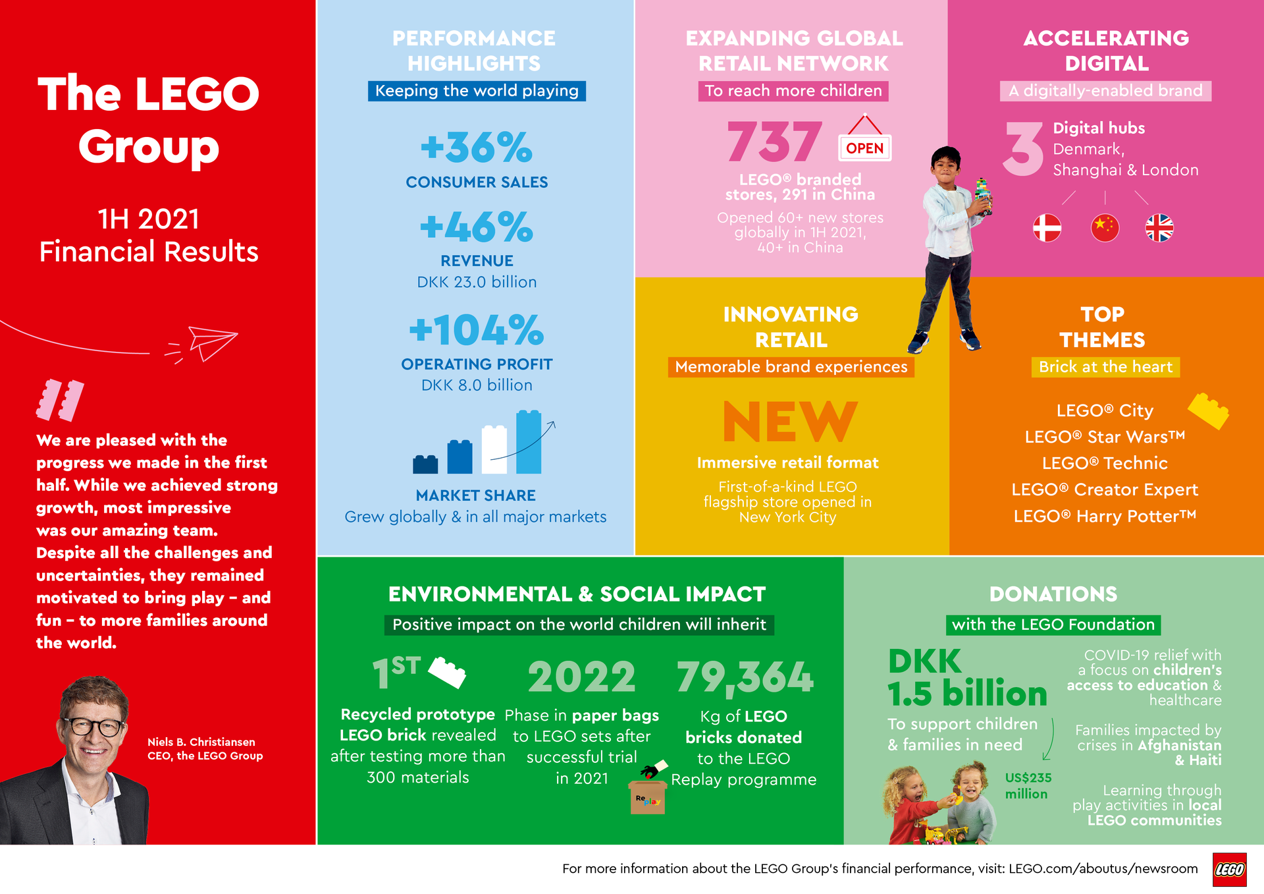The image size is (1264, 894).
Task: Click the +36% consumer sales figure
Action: click(476, 147)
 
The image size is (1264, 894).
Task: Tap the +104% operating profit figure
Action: click(476, 329)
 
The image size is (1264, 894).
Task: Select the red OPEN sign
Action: click(864, 148)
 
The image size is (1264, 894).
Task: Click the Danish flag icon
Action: click(1047, 228)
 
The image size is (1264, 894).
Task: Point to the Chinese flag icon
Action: click(1105, 228)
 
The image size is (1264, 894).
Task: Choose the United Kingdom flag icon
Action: click(1159, 228)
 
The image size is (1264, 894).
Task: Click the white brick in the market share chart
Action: click(494, 449)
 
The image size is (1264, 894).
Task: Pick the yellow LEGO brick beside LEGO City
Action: click(1209, 410)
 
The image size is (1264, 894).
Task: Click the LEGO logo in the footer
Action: click(1229, 870)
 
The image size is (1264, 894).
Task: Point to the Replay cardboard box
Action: click(648, 796)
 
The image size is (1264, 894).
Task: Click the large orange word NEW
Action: click(790, 422)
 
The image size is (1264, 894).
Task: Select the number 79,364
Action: click(745, 678)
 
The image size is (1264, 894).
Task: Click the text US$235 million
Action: click(1028, 786)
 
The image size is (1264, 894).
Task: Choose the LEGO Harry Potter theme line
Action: click(1105, 516)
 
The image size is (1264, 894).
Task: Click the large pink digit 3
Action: click(1024, 149)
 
